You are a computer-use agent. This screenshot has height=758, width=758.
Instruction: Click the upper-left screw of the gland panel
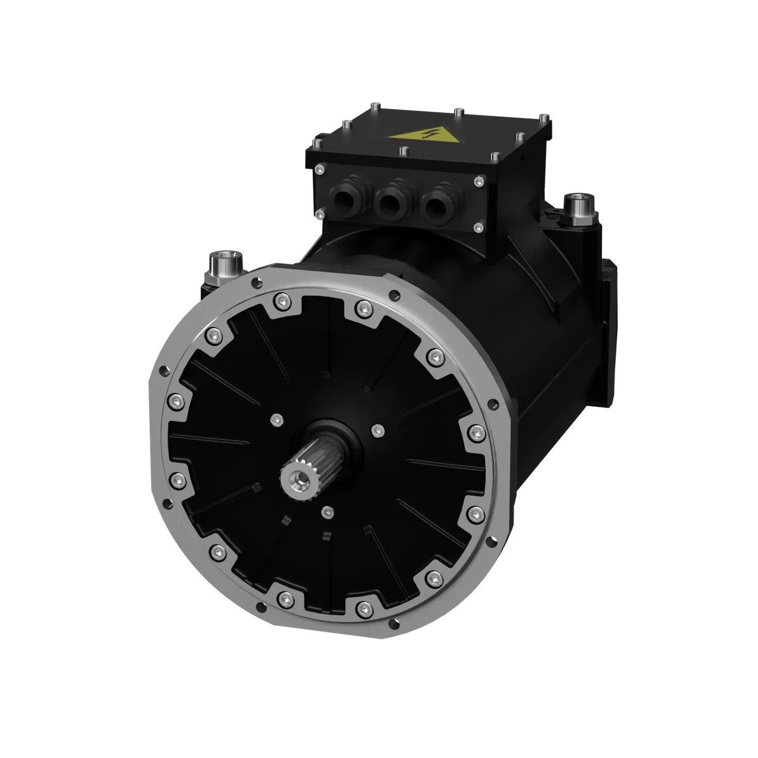(x=319, y=170)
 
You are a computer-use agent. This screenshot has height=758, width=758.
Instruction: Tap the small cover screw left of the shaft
(x=276, y=419)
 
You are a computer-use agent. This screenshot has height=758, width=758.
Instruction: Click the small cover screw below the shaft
(x=326, y=510)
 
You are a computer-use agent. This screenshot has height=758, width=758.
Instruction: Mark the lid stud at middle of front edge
(x=403, y=152)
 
